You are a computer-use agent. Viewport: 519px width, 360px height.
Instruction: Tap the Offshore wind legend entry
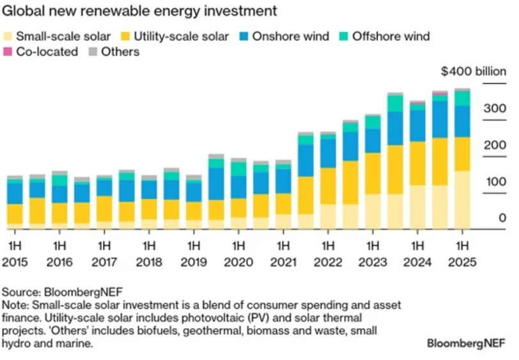[x=390, y=36]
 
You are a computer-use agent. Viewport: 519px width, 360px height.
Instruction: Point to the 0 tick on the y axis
[x=484, y=219]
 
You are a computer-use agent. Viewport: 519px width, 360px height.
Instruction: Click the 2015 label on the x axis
[x=15, y=262]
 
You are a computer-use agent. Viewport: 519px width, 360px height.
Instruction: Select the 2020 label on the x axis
[x=238, y=262]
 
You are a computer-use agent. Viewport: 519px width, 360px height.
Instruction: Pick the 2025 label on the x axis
[x=462, y=262]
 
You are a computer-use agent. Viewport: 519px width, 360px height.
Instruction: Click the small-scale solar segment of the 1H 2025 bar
[x=462, y=199]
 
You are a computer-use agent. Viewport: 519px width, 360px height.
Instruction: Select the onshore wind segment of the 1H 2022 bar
[x=328, y=153]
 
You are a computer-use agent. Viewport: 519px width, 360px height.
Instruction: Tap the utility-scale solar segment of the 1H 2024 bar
[x=417, y=164]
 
